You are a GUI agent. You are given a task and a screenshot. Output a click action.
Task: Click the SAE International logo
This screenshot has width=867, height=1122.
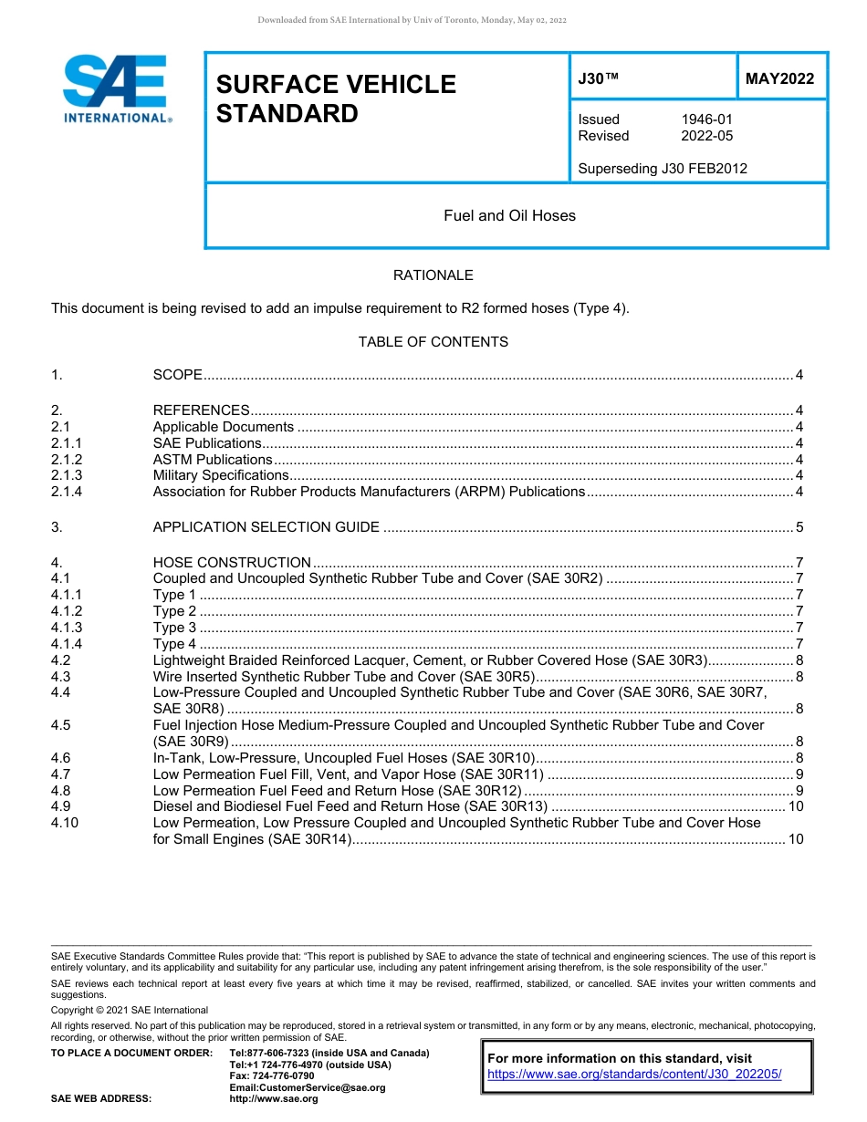point(117,88)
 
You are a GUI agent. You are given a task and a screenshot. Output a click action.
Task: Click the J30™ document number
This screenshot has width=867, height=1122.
point(599,79)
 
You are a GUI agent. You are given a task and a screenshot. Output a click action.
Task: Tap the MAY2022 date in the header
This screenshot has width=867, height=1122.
point(779,79)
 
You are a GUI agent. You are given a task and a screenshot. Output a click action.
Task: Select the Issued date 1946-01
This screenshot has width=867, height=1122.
point(706,119)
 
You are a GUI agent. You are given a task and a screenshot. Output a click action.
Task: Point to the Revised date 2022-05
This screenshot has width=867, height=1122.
point(706,136)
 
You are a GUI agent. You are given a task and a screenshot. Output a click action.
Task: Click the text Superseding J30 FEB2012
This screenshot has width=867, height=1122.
point(662,168)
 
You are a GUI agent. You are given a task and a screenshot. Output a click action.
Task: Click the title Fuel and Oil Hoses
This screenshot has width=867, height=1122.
point(509,216)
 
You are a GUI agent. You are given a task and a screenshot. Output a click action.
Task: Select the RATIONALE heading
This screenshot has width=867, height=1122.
point(433,275)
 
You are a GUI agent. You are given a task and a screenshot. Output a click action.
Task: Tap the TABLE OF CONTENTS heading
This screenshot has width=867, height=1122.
point(433,342)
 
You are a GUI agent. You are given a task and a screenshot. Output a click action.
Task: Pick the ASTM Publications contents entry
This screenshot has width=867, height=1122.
point(212,460)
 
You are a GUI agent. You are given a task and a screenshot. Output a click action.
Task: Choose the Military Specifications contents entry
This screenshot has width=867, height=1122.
point(220,475)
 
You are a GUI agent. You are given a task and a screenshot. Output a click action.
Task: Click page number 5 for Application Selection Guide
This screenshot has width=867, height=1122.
point(799,527)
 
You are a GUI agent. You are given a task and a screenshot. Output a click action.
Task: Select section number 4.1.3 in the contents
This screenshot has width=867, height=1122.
point(67,628)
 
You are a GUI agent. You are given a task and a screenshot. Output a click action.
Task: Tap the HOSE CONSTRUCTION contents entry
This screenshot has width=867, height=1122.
point(232,563)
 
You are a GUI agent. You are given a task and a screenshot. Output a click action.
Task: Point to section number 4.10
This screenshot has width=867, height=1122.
point(65,823)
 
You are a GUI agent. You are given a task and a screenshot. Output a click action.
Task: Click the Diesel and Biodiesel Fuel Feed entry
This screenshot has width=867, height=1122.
point(350,806)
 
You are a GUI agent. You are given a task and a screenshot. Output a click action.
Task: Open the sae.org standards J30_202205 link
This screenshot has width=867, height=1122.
point(634,1075)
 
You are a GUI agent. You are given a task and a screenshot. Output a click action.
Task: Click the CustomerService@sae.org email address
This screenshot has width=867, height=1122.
point(307,1087)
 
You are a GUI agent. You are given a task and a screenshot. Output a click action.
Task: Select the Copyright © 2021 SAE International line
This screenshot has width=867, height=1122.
point(130,1010)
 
